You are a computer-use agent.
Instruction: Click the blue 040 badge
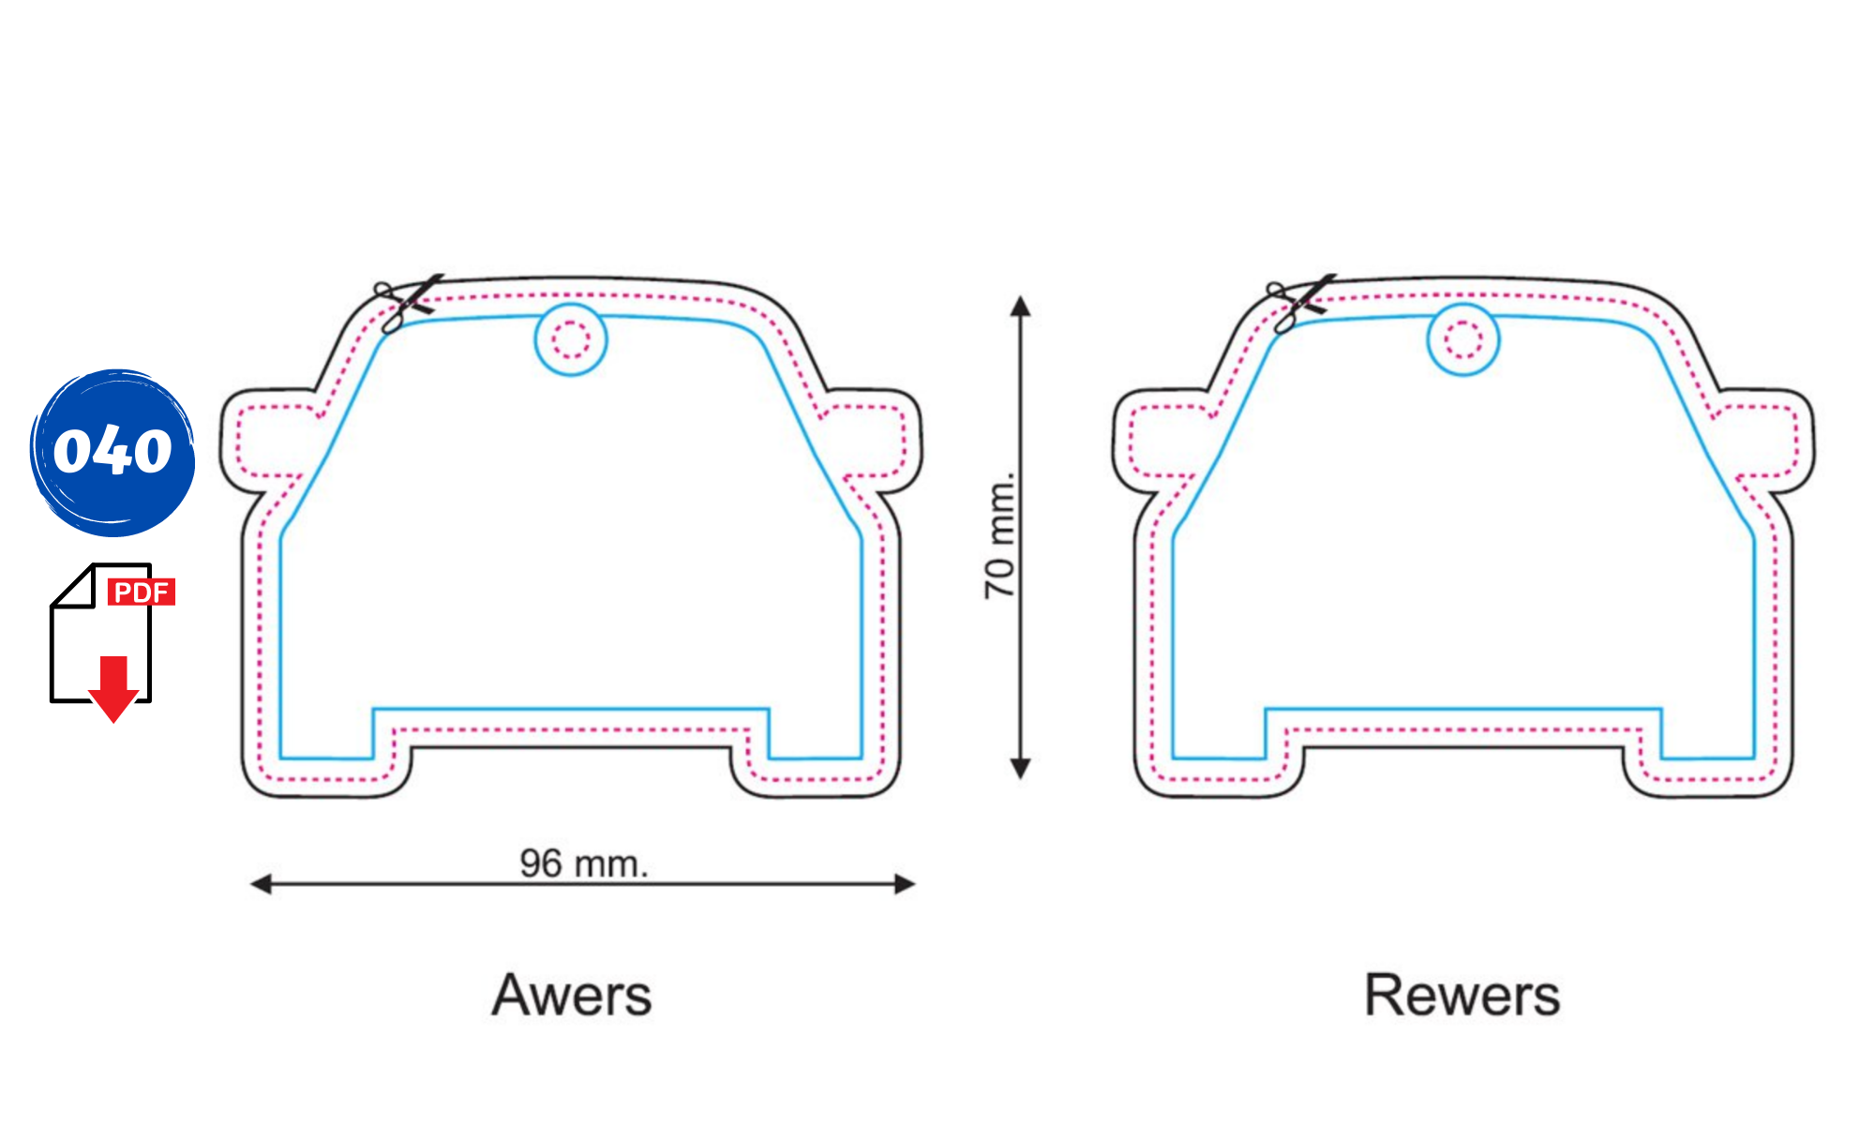click(x=112, y=452)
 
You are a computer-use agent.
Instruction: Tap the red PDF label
click(x=142, y=592)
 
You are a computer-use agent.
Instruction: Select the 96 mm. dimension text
click(x=584, y=863)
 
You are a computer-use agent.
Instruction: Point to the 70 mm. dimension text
click(x=1000, y=535)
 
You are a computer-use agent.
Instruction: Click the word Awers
click(x=572, y=995)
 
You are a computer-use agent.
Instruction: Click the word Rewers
click(x=1462, y=995)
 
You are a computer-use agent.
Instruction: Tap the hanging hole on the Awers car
click(x=571, y=339)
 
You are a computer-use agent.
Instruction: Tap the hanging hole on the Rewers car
click(x=1463, y=339)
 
